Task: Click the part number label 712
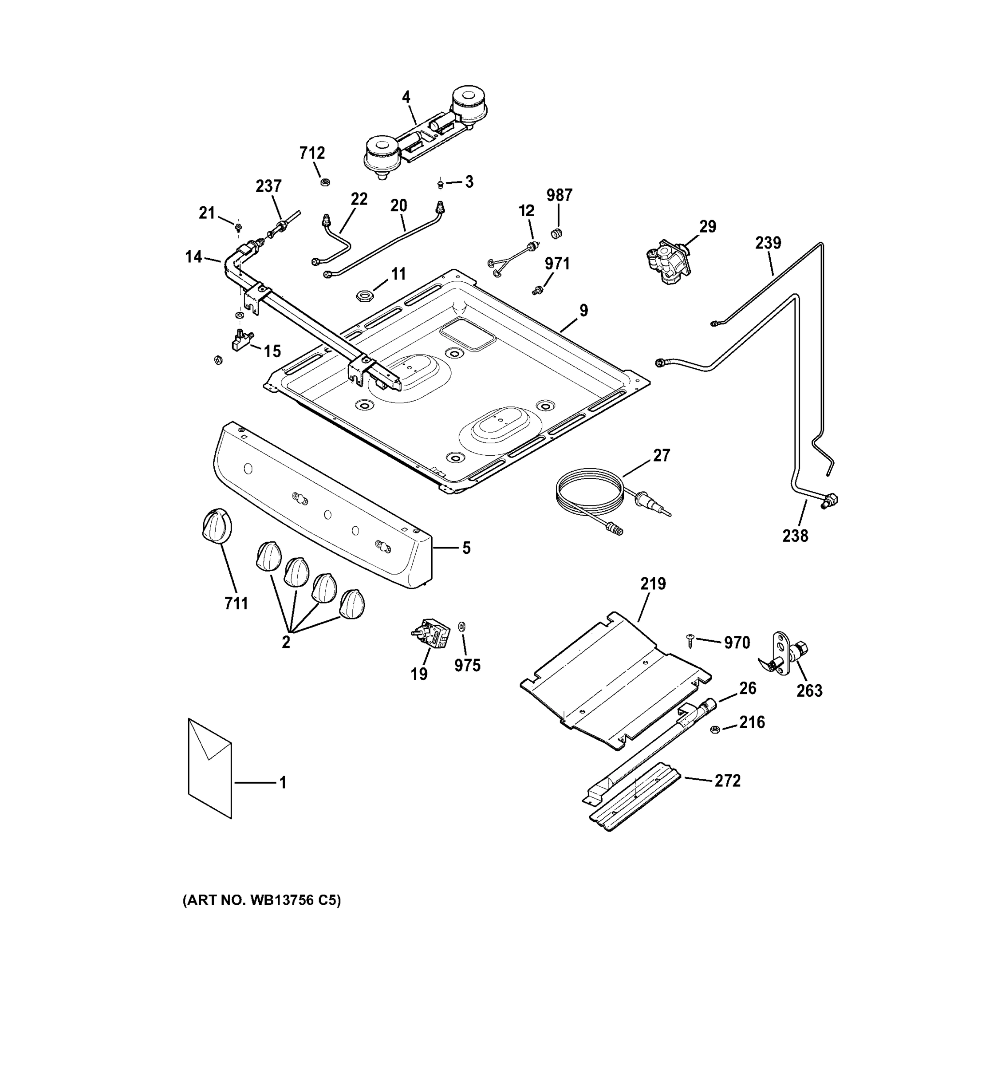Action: point(312,153)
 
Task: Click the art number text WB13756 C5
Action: point(261,900)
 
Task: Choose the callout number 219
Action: point(653,584)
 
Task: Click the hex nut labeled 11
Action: point(364,295)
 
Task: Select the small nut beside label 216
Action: point(714,730)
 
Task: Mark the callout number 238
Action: point(795,535)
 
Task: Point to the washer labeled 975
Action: point(462,626)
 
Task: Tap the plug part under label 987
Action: point(557,233)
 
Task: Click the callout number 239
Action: point(768,243)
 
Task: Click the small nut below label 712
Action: point(324,182)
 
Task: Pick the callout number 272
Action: point(727,781)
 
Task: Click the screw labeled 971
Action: point(536,290)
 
